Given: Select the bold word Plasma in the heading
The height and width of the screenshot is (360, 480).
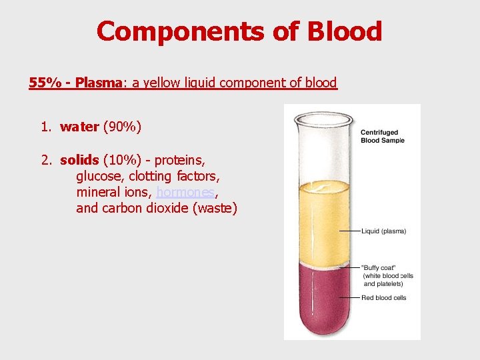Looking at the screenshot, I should coord(99,83).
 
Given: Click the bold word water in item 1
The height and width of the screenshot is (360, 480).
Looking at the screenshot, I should coord(79,127).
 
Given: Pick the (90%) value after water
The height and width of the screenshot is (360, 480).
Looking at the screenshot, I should coord(122,127).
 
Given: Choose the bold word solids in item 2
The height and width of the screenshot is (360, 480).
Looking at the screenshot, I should coord(79,160).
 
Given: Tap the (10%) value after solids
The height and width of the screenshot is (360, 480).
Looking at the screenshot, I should coord(121,160).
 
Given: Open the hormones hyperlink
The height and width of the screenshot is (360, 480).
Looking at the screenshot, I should coord(185,192).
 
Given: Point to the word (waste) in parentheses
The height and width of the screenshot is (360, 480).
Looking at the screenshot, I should coord(214,208).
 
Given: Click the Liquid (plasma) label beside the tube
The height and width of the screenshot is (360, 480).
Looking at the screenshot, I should coord(383,231).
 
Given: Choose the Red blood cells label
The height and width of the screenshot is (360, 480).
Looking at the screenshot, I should coord(384,297).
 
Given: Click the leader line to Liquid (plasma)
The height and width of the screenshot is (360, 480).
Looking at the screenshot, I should coord(350,231).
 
